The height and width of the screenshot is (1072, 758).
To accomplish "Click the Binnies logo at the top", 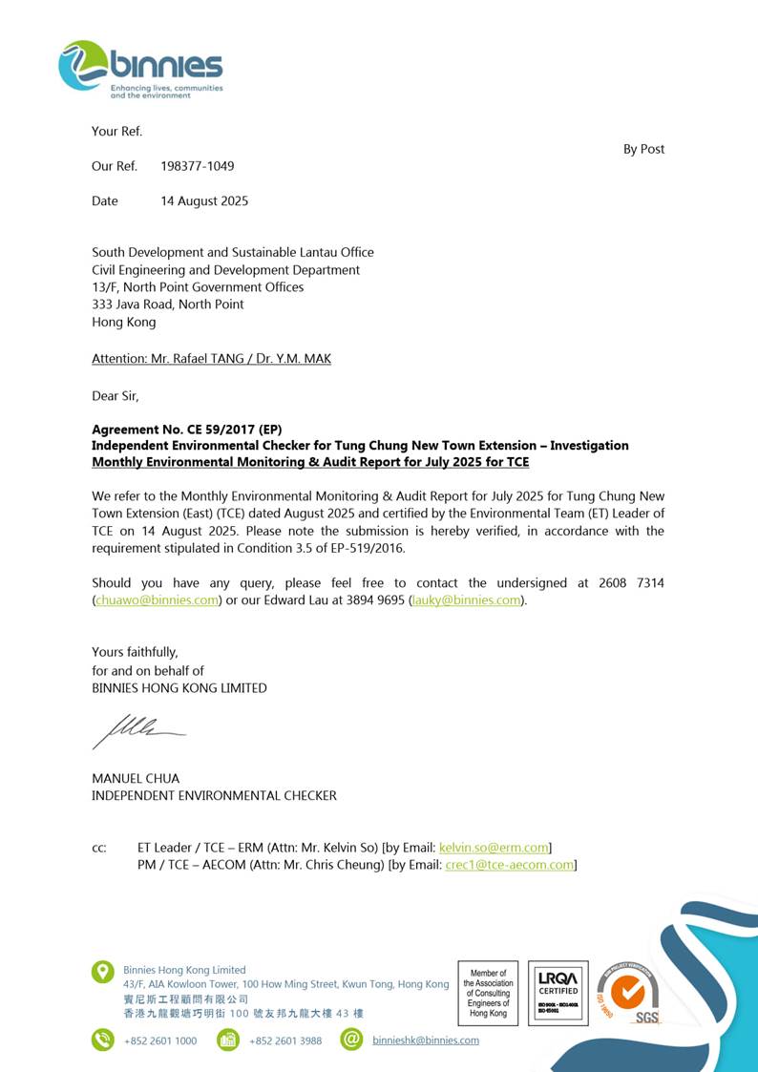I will pos(140,69).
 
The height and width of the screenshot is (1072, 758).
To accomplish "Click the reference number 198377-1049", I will pos(197,166).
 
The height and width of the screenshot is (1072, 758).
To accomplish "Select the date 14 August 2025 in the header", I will pos(203,201).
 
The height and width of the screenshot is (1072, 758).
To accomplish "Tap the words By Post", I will pos(643,149).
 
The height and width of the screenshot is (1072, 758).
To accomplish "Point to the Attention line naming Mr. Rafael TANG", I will pos(211,359).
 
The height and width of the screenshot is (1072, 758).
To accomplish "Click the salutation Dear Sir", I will pos(115,395).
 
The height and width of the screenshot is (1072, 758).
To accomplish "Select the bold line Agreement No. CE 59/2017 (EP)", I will pos(186,429).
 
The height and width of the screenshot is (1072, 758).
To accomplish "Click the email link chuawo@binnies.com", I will pos(157,600).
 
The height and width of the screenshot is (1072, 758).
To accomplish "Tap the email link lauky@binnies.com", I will pos(467,600).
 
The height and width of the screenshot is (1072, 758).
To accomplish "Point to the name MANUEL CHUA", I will pos(135,778).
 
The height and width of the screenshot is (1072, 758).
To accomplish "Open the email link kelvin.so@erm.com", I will pos(494,848).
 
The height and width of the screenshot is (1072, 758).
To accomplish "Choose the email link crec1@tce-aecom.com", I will pos(510,865).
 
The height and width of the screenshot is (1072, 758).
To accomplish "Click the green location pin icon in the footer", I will pos(102,972).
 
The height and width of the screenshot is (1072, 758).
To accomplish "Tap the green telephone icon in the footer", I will pos(102,1040).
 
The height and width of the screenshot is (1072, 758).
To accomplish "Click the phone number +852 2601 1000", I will pos(160,1040).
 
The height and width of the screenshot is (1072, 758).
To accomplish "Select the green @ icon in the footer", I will pos(351,1040).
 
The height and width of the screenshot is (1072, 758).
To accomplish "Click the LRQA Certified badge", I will pos(558,993).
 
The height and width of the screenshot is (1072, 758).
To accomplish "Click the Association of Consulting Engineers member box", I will pos(488,993).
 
